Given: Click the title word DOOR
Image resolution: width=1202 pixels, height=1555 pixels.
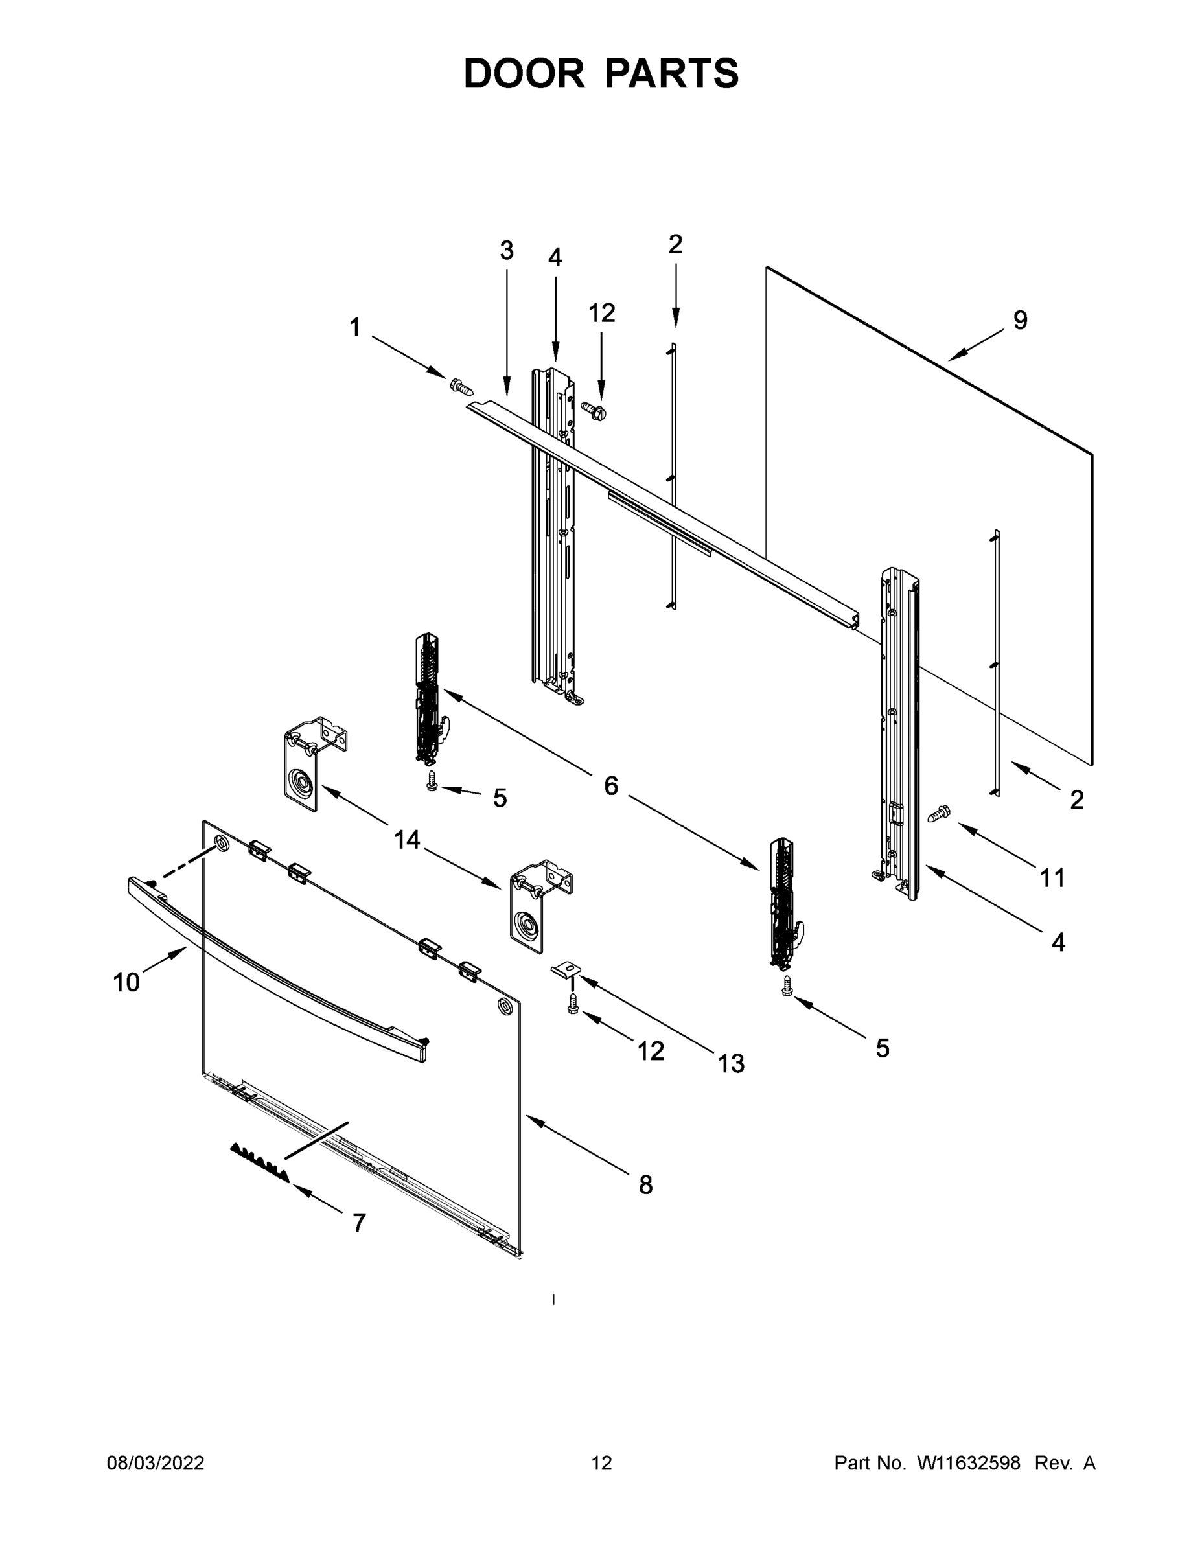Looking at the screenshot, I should (524, 73).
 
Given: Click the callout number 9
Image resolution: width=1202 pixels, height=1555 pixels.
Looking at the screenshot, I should (1020, 321).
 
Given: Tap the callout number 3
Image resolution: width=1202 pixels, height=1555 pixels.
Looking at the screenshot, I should (506, 251).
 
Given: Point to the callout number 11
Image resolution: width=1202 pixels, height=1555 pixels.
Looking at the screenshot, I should (1052, 879).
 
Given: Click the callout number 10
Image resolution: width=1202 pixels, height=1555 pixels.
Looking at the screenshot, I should (126, 982).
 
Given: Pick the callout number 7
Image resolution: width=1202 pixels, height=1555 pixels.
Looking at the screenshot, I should (359, 1223).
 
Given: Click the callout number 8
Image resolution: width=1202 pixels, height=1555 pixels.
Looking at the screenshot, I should (645, 1185).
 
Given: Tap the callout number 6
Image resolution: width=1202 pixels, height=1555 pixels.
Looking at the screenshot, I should (610, 786).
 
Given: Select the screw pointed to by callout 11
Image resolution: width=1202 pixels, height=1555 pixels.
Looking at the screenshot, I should (939, 813).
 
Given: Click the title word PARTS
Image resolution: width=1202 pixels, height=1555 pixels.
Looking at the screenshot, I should (672, 73).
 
